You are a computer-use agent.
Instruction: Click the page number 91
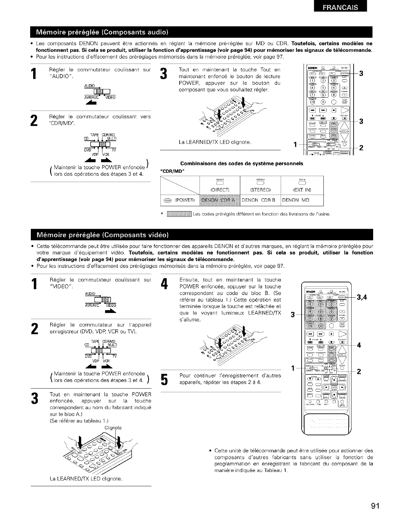(x=375, y=506)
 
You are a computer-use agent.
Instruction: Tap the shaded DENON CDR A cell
(x=220, y=200)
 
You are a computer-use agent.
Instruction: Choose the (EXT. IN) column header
(x=301, y=190)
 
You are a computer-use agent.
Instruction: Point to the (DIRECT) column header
(x=220, y=190)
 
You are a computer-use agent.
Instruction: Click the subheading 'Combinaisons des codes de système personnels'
(x=242, y=164)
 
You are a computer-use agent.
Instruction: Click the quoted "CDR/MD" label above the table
(x=172, y=171)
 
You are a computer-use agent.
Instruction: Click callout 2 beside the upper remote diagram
(x=362, y=148)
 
